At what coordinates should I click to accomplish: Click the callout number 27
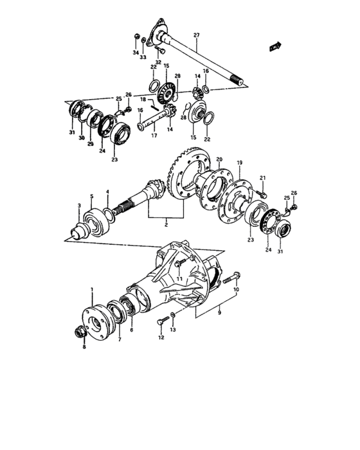coord(197,35)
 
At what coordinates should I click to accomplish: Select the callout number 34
coord(136,53)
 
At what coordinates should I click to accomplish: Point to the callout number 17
coord(153,136)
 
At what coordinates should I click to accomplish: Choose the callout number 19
coord(239,163)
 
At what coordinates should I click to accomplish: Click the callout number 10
coord(236,290)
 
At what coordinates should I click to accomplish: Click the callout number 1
coord(92,291)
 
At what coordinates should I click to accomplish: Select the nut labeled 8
coord(81,332)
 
